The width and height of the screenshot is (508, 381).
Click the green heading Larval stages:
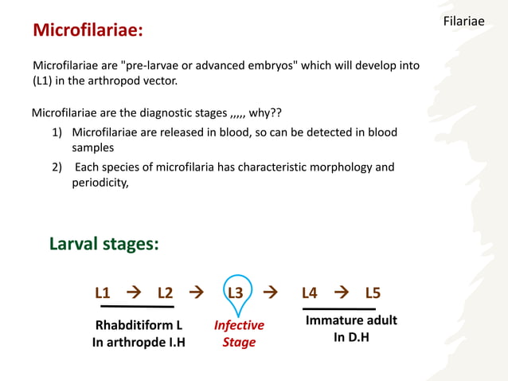pos(104,244)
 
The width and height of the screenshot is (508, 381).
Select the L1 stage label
pos(103,293)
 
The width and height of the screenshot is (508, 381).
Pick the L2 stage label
pos(165,293)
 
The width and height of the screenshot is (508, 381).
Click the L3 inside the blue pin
pos(236,293)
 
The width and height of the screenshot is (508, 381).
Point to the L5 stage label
pos(373,293)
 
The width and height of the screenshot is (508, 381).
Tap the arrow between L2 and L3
pos(196,293)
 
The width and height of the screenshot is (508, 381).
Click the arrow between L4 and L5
pos(342,293)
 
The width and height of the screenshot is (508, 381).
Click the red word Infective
pos(239,325)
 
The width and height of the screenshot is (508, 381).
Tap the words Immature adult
pos(351,320)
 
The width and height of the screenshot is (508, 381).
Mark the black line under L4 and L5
pos(339,308)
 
